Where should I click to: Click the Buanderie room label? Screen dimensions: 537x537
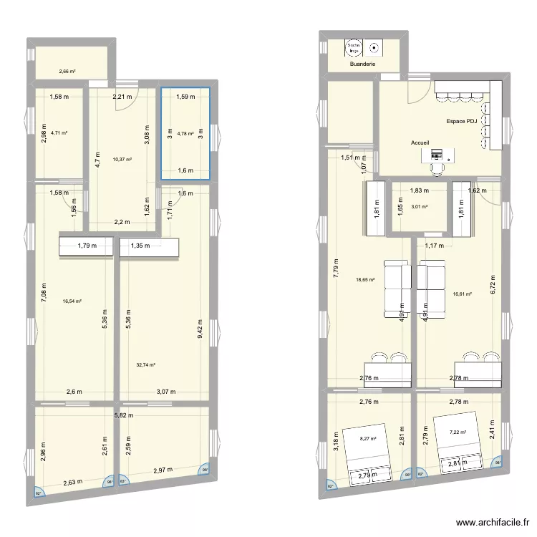point(363,64)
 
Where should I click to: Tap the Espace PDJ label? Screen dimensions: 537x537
point(461,122)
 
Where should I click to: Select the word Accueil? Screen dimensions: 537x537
point(421,142)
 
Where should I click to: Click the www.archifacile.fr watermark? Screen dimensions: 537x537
point(495,523)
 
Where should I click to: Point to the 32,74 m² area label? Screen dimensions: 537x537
point(146,364)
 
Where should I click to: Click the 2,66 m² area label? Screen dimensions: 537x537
point(67,72)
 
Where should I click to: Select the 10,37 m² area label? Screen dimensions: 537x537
point(122,160)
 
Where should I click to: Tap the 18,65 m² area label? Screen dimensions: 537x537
point(366,280)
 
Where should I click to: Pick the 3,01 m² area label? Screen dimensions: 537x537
point(419,207)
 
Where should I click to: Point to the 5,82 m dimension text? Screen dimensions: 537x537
point(124,415)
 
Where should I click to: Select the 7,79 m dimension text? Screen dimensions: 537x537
point(336,274)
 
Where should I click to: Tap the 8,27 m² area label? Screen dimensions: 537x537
point(368,439)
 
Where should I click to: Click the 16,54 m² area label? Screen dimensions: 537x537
point(72,301)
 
